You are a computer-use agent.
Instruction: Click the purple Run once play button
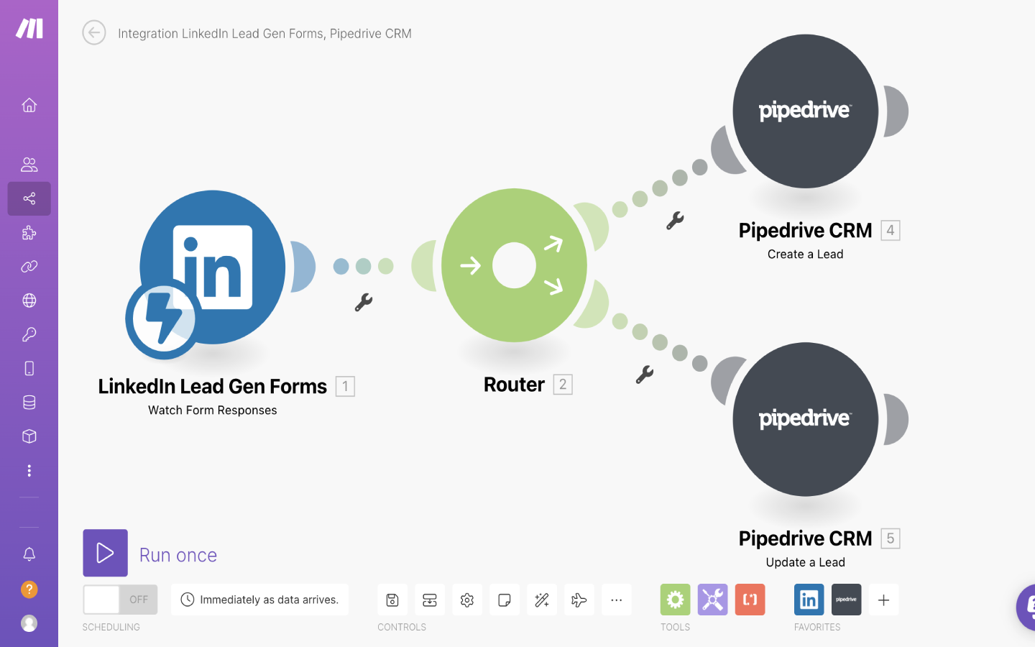(x=105, y=553)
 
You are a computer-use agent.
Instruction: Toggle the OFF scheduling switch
(x=120, y=600)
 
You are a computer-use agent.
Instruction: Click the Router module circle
(x=514, y=265)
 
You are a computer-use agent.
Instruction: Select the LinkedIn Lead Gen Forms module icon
(x=212, y=267)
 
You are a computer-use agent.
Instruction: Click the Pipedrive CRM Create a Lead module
(x=805, y=111)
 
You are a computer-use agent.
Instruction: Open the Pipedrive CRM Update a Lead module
(x=805, y=419)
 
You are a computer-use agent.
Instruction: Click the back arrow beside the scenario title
(x=94, y=32)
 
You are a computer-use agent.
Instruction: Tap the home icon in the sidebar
(x=29, y=105)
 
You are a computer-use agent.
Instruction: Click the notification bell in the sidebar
(x=29, y=554)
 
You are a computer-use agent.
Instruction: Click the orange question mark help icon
(x=29, y=589)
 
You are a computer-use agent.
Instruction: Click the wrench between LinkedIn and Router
(x=364, y=302)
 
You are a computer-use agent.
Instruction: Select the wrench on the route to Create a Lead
(x=675, y=220)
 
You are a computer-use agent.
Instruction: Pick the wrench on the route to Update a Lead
(x=645, y=375)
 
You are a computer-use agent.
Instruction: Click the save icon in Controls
(x=392, y=600)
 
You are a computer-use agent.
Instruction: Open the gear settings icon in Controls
(x=467, y=600)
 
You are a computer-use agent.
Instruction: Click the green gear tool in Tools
(x=675, y=600)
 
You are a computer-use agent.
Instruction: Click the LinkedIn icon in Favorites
(x=809, y=600)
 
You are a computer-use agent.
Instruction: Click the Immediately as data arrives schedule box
(x=259, y=600)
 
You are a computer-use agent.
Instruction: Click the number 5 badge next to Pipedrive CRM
(x=890, y=538)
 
